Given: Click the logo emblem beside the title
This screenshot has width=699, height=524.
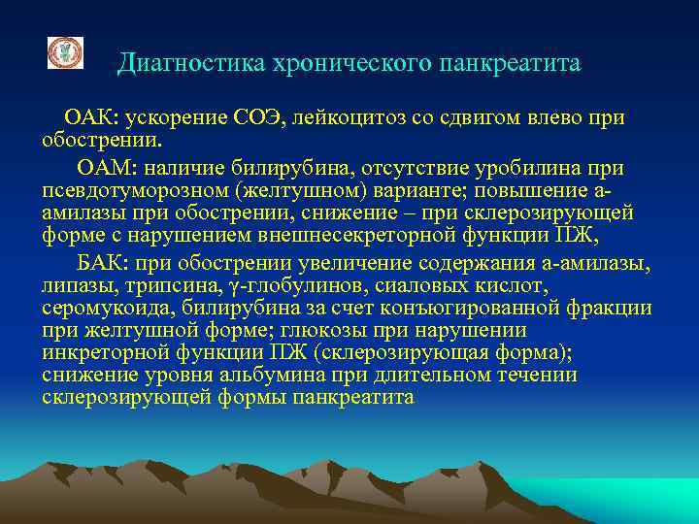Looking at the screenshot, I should tap(65, 53).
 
